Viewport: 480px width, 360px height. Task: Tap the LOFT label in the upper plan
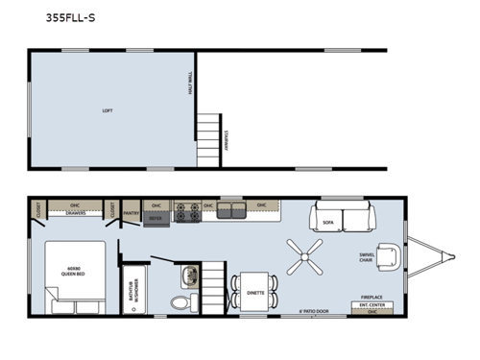pos(107,110)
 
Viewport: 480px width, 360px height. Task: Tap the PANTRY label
pos(132,204)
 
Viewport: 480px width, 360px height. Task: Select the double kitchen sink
pos(231,209)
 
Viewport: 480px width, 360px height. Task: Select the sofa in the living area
pos(342,220)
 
